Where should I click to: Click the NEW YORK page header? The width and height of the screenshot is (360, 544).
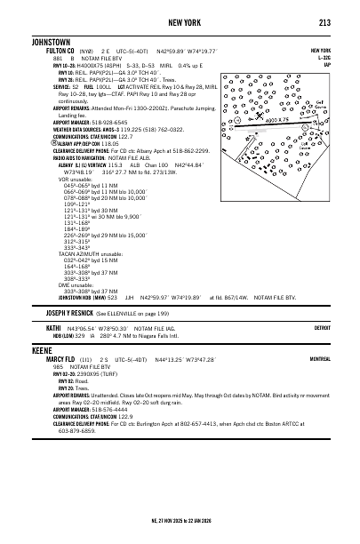tap(179, 22)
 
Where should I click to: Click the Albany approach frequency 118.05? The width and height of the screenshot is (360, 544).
tap(109, 142)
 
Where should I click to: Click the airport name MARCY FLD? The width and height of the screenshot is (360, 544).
tap(51, 383)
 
